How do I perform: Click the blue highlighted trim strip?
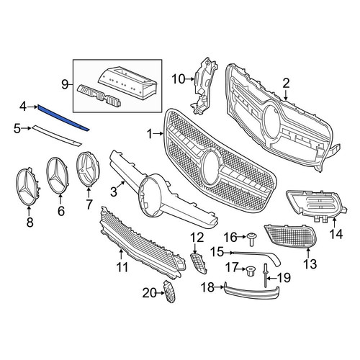(63, 118)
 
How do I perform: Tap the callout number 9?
(65, 85)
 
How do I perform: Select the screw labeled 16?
(251, 239)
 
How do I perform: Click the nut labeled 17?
(251, 271)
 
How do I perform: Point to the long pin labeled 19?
(266, 275)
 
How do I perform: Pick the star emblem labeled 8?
(29, 186)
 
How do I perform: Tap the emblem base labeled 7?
(88, 169)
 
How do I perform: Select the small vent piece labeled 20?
(169, 291)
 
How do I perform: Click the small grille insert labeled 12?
(199, 264)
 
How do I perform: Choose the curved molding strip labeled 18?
(251, 291)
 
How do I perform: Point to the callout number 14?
(336, 234)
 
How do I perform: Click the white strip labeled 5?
(57, 135)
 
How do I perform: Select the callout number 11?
(122, 267)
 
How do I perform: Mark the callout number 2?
(286, 84)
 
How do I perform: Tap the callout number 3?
(114, 192)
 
